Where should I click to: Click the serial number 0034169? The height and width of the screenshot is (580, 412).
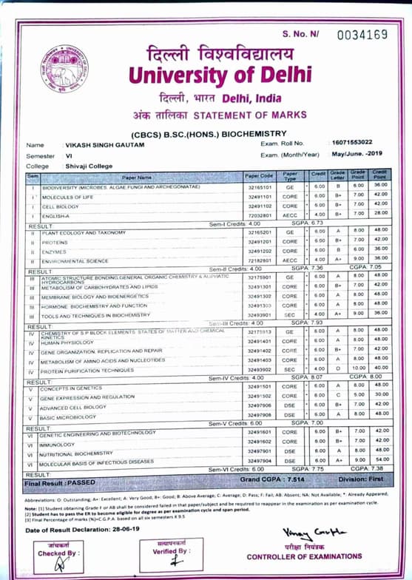pos(362,35)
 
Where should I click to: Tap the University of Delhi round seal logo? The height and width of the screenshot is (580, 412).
pos(64,70)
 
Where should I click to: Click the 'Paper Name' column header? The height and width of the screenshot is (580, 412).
pos(137,178)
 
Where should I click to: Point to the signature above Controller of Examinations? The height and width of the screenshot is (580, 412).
pos(303,533)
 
